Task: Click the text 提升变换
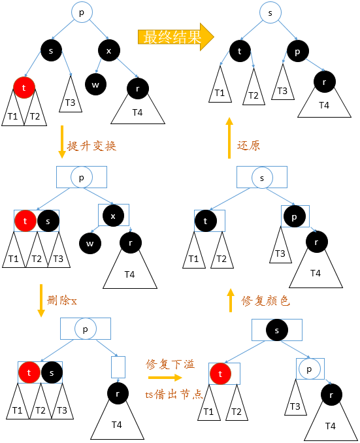[91, 146]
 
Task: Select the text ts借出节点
[172, 395]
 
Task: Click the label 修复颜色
[265, 301]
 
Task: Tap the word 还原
[248, 146]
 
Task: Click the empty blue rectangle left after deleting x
[118, 367]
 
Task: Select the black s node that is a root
[277, 330]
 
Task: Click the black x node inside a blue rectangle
[114, 216]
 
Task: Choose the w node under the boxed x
[90, 243]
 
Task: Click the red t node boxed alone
[220, 374]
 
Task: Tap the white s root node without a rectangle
[270, 13]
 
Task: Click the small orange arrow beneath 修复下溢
[165, 378]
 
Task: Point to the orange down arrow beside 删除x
[41, 301]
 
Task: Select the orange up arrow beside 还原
[229, 139]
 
